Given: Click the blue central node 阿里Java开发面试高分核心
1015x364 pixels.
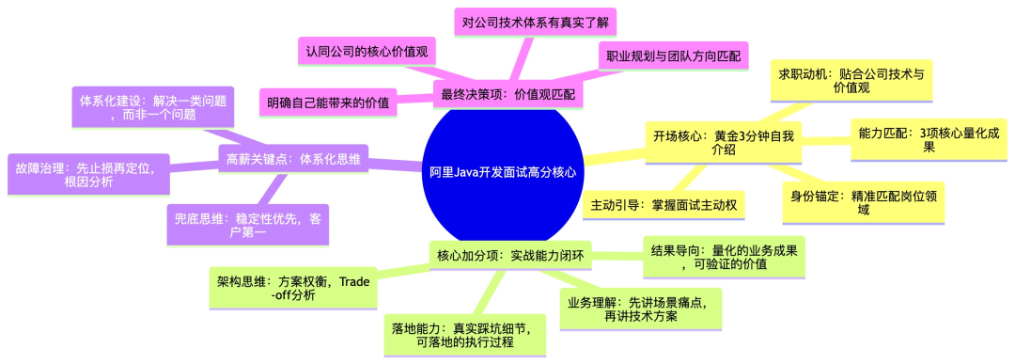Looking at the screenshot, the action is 502,173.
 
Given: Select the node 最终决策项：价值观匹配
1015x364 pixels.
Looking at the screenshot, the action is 507,95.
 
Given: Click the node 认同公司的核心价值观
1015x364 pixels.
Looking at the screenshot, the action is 366,52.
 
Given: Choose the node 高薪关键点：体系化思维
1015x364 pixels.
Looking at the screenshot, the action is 294,159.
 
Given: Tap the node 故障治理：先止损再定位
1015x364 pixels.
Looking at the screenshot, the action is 88,174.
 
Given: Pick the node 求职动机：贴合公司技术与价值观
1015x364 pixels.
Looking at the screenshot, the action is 851,81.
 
